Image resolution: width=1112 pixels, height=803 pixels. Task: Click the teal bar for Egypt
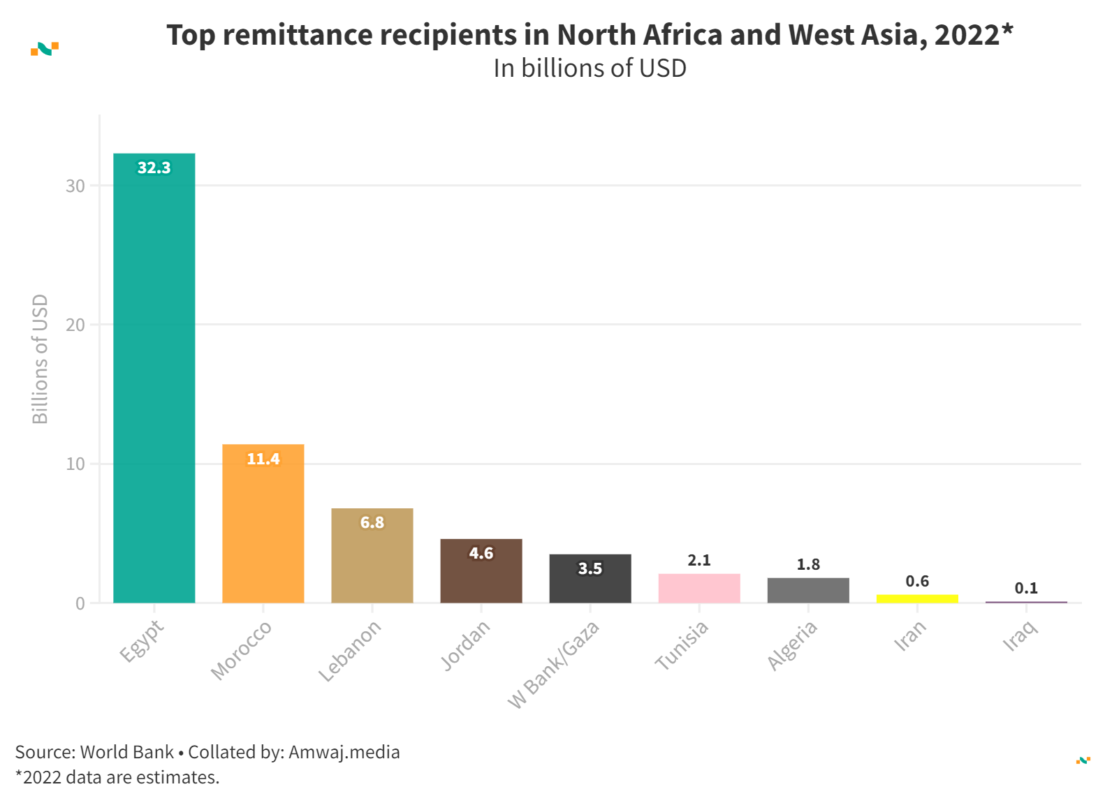pos(154,377)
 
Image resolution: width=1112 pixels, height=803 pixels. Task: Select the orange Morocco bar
pos(263,524)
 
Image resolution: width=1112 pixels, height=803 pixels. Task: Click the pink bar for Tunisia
pos(698,589)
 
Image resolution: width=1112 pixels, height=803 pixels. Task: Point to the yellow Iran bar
pos(916,598)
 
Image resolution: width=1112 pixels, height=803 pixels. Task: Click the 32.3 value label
pos(154,168)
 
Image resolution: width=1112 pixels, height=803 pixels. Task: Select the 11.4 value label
pos(263,459)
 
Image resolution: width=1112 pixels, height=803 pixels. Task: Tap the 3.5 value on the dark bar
pos(590,568)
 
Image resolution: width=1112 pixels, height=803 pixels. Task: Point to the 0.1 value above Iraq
pos(1025,588)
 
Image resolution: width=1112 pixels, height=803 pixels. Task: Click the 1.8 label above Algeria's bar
pos(807,564)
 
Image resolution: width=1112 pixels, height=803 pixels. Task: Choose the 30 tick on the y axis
pos(75,186)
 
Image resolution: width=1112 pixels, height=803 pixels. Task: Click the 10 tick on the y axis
pos(75,464)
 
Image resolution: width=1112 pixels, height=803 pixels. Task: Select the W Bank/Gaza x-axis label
pos(554,664)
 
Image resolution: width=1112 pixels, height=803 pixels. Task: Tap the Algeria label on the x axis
pos(792,645)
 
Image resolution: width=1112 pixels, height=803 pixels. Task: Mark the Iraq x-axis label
pos(1021,636)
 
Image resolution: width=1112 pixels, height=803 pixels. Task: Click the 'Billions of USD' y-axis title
pos(41,359)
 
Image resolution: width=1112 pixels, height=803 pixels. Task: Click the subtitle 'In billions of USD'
pos(590,68)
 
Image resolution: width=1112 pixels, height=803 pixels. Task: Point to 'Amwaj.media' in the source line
pos(344,752)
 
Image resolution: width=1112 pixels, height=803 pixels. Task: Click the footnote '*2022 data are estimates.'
pos(117,777)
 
